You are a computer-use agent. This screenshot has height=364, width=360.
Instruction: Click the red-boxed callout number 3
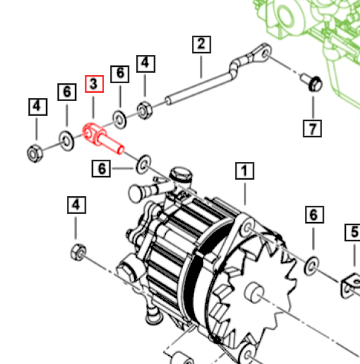(x=94, y=84)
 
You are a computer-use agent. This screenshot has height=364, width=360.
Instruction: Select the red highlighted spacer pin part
(x=102, y=138)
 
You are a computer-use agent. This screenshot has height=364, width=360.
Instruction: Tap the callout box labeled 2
(x=202, y=45)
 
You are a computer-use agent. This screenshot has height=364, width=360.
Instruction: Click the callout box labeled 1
(x=245, y=171)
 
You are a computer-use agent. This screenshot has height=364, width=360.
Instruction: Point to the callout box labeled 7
(x=312, y=129)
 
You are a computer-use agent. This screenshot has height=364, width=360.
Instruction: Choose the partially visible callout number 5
(x=353, y=233)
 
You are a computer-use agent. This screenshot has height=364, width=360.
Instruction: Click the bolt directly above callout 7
(x=312, y=82)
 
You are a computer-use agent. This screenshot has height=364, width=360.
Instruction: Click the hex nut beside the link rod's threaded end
(x=144, y=111)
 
